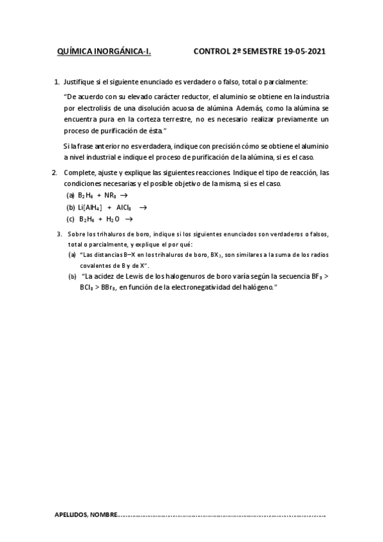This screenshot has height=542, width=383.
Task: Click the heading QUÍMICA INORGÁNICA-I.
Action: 104,54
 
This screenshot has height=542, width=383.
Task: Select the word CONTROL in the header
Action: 213,54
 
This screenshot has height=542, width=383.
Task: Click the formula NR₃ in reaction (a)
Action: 110,196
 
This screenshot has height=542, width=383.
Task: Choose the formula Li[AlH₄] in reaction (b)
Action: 90,207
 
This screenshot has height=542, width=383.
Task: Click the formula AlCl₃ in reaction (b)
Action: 125,207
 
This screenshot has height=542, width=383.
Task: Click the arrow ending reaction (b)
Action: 143,207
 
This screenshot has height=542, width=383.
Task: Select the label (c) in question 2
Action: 70,219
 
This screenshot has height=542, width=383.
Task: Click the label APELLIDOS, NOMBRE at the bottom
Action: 86,515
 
